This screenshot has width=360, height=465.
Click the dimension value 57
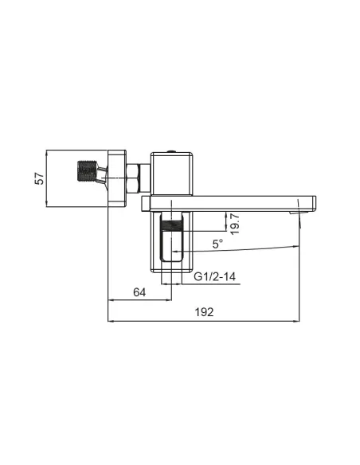(40, 178)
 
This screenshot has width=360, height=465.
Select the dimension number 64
(139, 292)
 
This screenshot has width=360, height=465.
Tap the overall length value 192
(204, 312)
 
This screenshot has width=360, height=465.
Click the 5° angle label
(217, 244)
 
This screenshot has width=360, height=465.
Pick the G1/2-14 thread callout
(215, 276)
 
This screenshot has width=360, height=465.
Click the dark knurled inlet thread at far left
(87, 171)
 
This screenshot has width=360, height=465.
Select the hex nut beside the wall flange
(133, 178)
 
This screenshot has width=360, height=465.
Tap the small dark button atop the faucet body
(171, 151)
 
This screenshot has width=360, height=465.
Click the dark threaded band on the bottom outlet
(172, 226)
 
